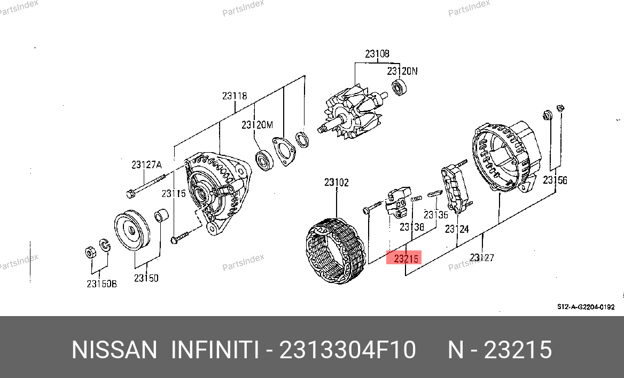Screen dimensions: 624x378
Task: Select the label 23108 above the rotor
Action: [377, 54]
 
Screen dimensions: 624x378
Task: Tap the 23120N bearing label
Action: [402, 71]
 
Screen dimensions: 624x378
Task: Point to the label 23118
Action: [235, 96]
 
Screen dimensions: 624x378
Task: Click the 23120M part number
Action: [257, 125]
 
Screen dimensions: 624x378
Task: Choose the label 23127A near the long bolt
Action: [146, 164]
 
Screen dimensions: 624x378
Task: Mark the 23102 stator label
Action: [336, 182]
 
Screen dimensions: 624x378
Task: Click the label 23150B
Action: [102, 283]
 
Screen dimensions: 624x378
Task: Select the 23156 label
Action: [555, 180]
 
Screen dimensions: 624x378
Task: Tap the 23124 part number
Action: [456, 229]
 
